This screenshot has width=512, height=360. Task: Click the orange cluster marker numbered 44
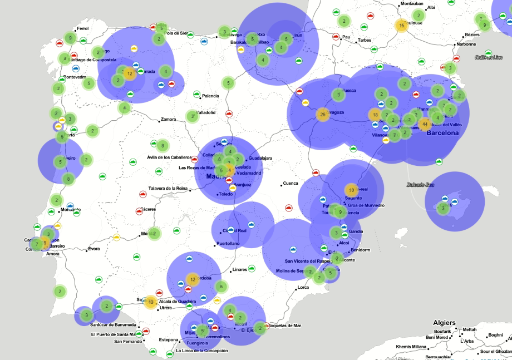click(425, 124)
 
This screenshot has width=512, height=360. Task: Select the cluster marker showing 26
click(322, 115)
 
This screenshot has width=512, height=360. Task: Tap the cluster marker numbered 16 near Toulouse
click(401, 26)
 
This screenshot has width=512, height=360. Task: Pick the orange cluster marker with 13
click(150, 302)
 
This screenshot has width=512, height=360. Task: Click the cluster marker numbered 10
click(351, 190)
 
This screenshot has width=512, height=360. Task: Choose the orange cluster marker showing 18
click(375, 115)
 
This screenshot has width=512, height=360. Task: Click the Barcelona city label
click(442, 133)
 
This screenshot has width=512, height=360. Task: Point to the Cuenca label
click(291, 183)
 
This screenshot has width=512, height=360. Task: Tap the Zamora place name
click(168, 119)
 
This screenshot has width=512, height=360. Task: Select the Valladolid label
click(206, 112)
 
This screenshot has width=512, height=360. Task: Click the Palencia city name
click(210, 96)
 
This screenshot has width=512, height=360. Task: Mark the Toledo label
click(226, 194)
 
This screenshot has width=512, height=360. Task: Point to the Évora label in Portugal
click(94, 249)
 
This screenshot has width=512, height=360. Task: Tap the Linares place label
click(239, 269)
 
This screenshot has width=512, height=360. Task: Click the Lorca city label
click(303, 288)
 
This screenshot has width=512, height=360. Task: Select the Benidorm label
click(361, 250)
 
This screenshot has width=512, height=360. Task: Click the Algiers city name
click(444, 323)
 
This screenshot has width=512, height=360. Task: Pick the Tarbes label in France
click(364, 40)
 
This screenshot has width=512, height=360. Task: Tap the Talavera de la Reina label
click(168, 188)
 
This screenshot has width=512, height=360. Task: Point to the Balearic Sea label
click(421, 184)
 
